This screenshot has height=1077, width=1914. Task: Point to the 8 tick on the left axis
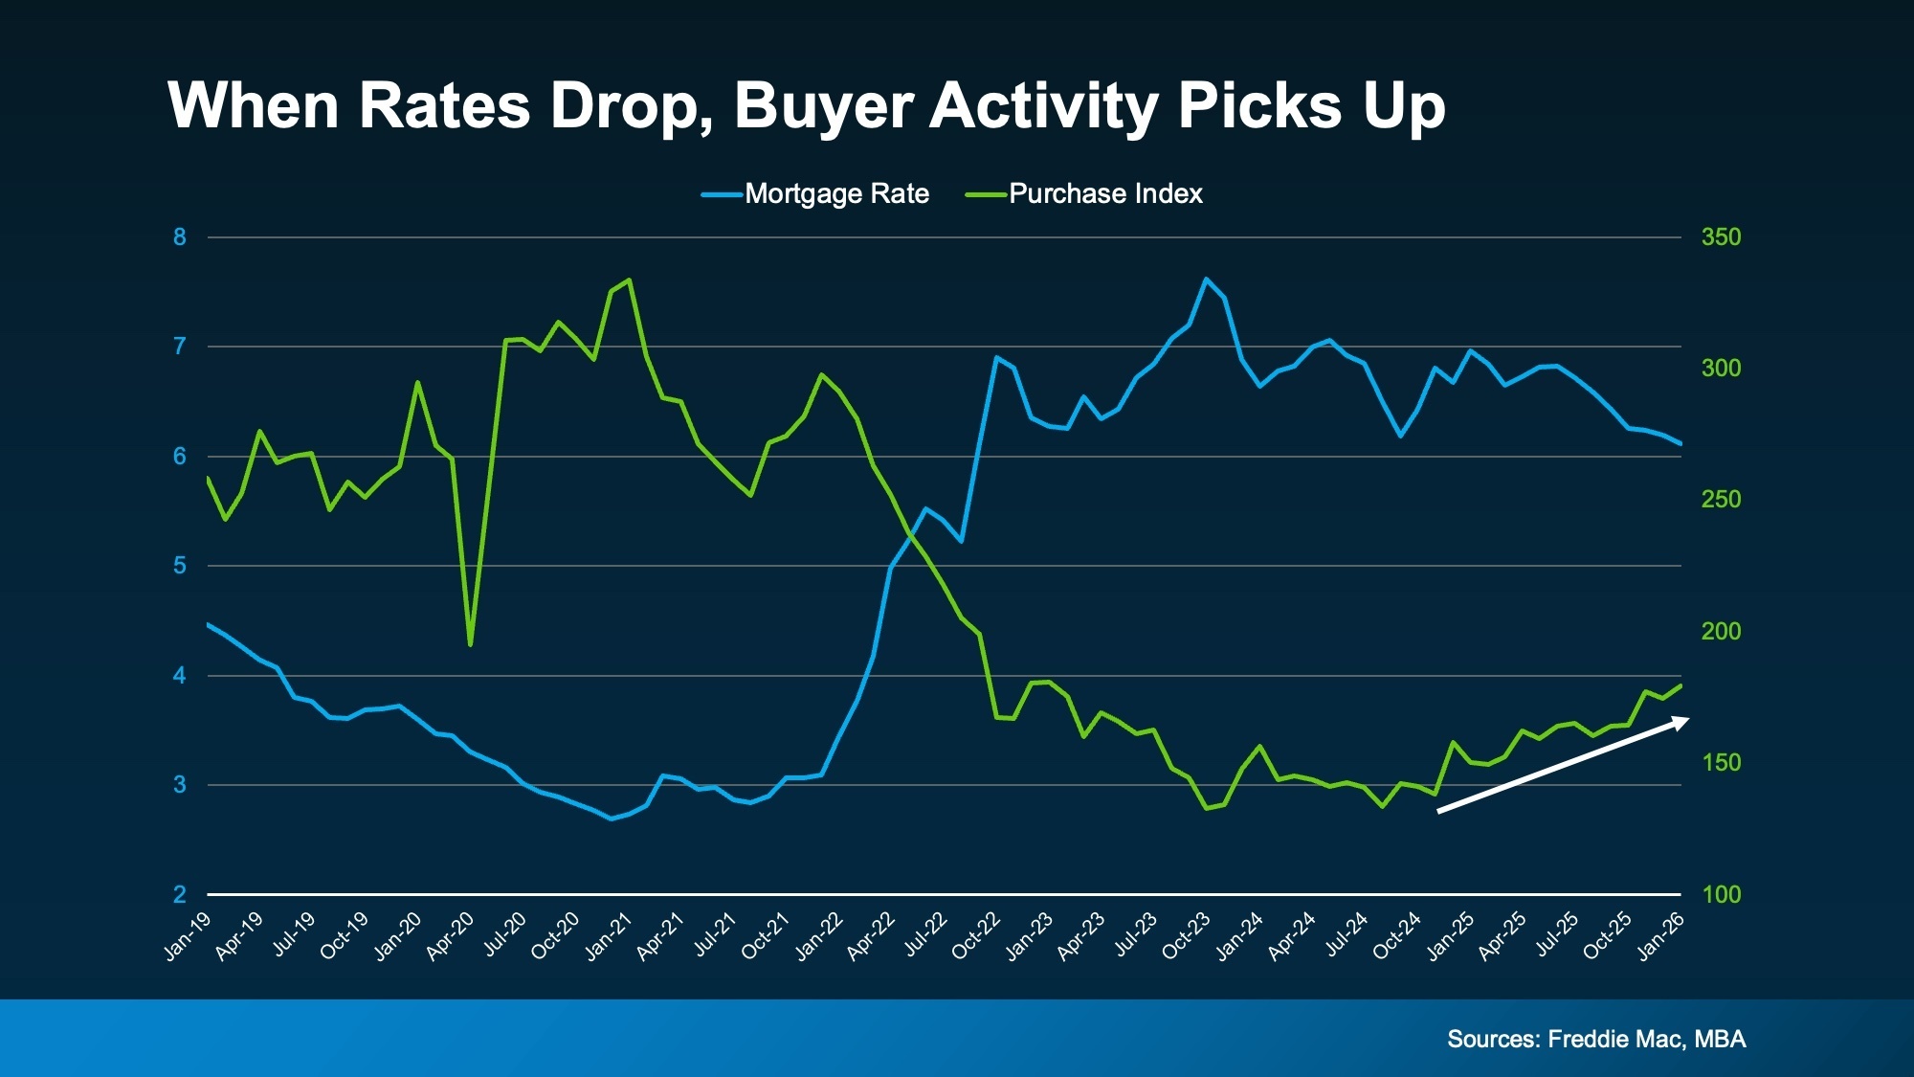coord(179,237)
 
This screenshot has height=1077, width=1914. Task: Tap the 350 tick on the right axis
coord(1721,237)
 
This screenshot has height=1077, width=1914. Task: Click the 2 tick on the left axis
coord(179,895)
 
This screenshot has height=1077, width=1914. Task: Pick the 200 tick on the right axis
coord(1721,632)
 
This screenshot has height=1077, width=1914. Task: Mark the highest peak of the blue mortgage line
coord(1206,280)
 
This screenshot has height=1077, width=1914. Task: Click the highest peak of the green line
coord(629,280)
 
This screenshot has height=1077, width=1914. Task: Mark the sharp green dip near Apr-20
coord(470,644)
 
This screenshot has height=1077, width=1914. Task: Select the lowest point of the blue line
coord(612,819)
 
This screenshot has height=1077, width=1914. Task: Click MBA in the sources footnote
coord(1720,1039)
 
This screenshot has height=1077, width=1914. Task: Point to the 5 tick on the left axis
coord(179,566)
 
